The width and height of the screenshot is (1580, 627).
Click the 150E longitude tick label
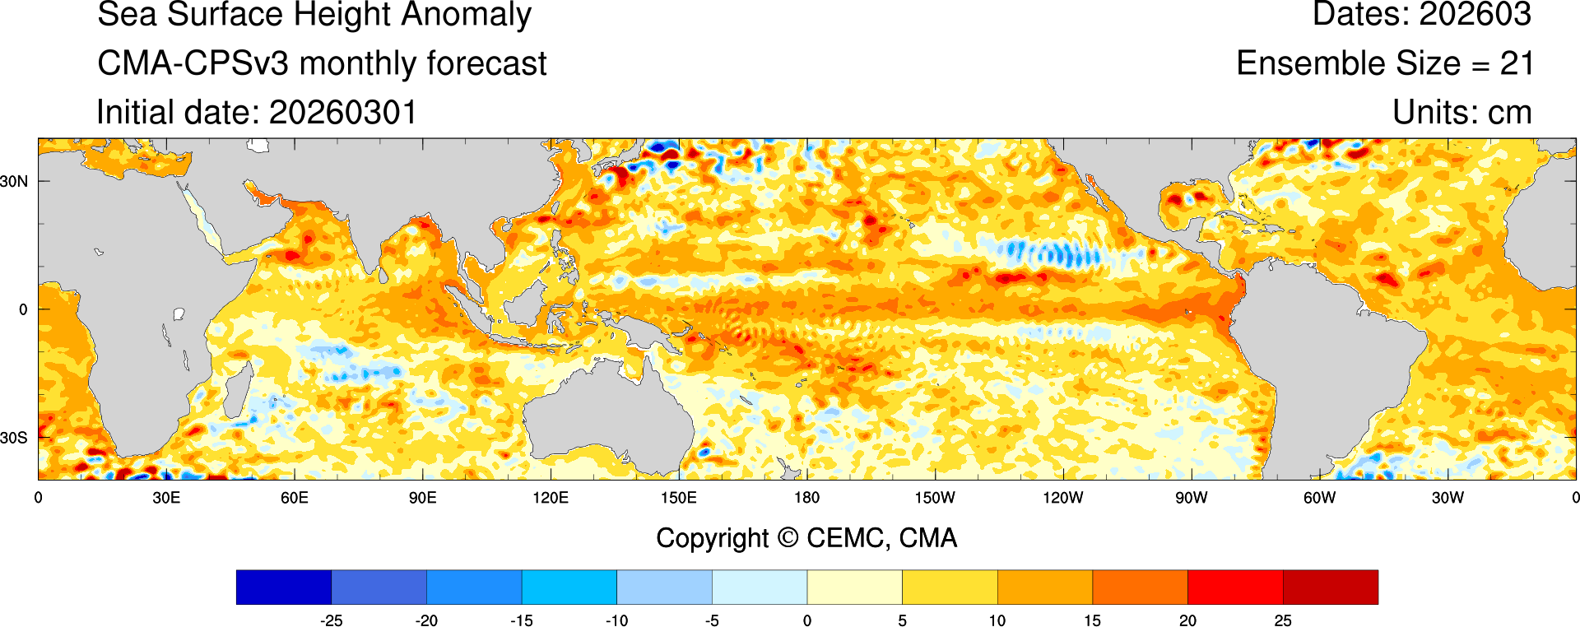[x=678, y=498]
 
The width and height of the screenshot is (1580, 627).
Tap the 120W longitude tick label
[x=1062, y=498]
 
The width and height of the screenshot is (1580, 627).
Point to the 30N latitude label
[x=14, y=181]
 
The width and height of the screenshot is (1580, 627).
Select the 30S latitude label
[x=14, y=438]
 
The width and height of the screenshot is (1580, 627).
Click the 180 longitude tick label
[x=806, y=498]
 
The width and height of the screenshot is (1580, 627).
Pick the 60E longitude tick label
[x=294, y=498]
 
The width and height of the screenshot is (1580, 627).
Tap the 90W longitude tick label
[x=1191, y=498]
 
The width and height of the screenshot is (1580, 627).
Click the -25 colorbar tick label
[x=331, y=620]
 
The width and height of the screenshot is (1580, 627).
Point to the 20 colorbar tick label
[x=1187, y=620]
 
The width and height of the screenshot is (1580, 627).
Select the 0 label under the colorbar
[x=807, y=620]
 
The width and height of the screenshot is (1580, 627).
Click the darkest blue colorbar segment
[x=283, y=587]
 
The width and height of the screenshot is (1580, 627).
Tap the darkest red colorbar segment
[x=1330, y=587]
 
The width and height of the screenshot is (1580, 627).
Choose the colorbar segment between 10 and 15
[x=1044, y=587]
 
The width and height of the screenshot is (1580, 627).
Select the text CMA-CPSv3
[x=193, y=63]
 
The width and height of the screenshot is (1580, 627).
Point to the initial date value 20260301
[x=343, y=113]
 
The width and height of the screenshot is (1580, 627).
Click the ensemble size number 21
[x=1516, y=63]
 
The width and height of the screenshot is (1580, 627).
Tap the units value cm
[x=1510, y=113]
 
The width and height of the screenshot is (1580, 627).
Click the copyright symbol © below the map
[x=788, y=538]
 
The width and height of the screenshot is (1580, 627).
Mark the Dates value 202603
[x=1475, y=15]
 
